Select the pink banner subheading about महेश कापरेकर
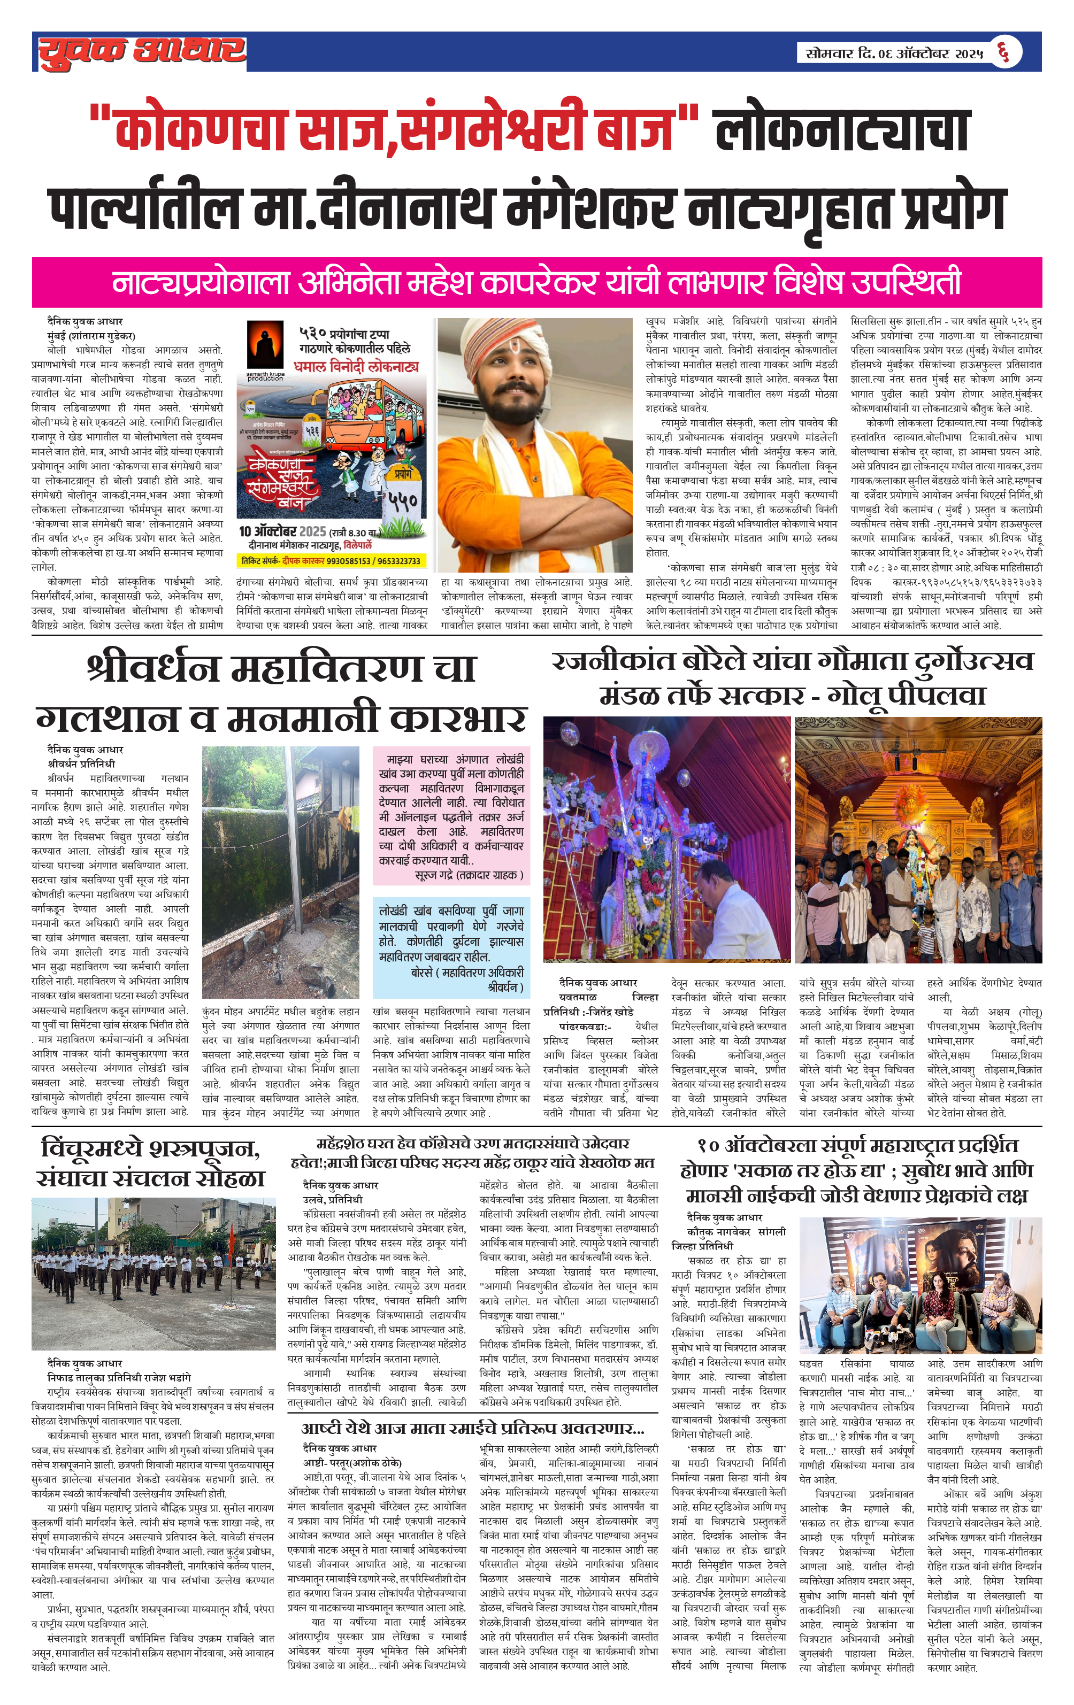tap(536, 282)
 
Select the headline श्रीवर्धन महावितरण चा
tap(281, 668)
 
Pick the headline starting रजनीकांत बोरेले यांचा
tap(792, 661)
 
